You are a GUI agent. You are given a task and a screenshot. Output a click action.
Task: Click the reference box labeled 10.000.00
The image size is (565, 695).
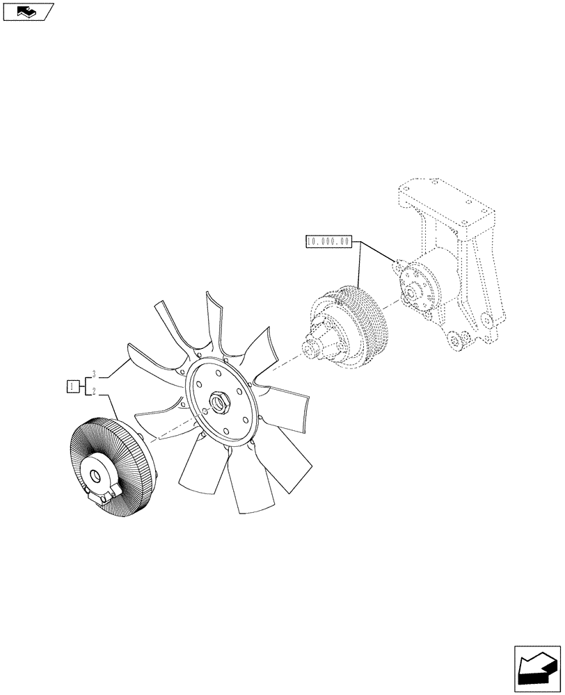328,242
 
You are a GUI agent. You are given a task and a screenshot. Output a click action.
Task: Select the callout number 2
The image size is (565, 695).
93,393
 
